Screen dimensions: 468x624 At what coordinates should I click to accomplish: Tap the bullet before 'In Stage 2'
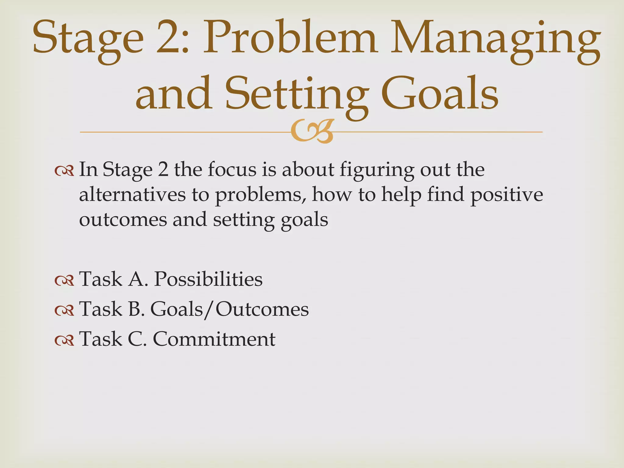tap(64, 171)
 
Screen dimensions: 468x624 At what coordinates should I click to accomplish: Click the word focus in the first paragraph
tap(232, 170)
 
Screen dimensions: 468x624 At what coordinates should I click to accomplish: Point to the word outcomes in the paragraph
tap(123, 220)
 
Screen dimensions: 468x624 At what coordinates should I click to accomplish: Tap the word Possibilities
tap(208, 279)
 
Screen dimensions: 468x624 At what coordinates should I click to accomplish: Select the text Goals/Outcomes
tap(229, 310)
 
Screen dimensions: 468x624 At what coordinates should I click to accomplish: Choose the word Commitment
tap(214, 339)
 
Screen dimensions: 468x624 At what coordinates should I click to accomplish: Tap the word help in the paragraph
tap(401, 195)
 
